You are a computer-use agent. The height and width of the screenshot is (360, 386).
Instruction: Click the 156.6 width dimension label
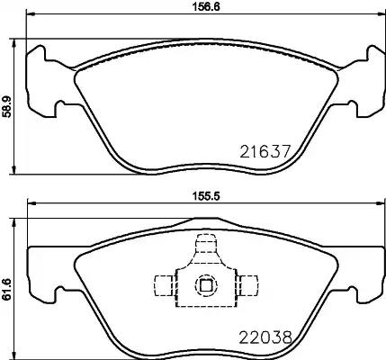pos(205,6)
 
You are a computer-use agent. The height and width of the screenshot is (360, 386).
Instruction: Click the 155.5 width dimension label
pos(206,196)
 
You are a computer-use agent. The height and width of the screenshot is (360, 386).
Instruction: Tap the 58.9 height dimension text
pos(6,106)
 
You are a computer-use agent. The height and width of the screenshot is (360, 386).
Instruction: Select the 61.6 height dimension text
pos(6,289)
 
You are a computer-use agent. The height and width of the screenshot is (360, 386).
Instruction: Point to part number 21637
pos(265,151)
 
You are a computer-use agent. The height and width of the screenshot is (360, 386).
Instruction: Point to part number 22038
pos(265,337)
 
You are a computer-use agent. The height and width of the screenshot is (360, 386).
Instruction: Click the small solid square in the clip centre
pos(206,285)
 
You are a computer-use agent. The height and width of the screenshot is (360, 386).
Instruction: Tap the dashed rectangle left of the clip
pos(165,285)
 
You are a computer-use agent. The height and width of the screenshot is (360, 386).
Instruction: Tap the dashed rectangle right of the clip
pos(247,285)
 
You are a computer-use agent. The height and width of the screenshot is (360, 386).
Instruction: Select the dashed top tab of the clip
pos(206,244)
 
